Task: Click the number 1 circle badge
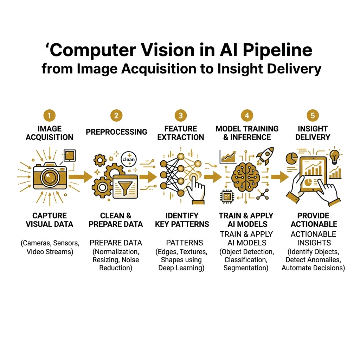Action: (50, 116)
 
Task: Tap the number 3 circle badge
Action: (180, 116)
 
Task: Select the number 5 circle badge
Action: (313, 116)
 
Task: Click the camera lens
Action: (50, 175)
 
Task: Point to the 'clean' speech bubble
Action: (128, 159)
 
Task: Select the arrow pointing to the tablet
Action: (279, 177)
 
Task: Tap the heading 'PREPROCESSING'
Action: (116, 132)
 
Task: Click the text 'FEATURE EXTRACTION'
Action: (181, 133)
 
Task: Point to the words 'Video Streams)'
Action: (50, 252)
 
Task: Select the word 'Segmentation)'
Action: (246, 268)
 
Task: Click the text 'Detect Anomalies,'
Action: (313, 260)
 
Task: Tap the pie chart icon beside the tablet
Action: (292, 158)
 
